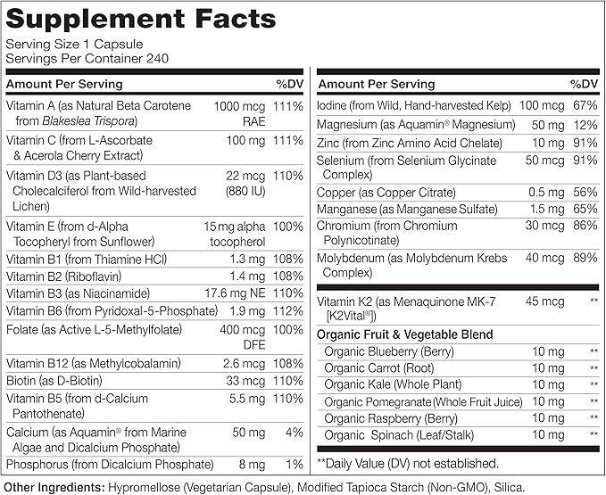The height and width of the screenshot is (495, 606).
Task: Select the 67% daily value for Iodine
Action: [x=584, y=106]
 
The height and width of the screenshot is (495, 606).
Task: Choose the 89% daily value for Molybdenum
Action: [x=584, y=259]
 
